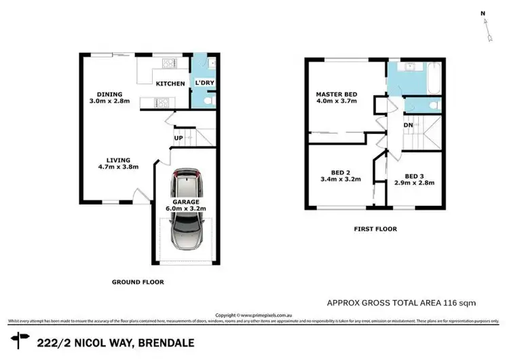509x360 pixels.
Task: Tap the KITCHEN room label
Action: pos(170,84)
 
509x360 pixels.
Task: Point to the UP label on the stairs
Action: pos(179,138)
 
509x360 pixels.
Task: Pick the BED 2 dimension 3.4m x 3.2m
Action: pos(340,179)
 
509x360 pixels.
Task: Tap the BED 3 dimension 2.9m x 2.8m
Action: pos(415,183)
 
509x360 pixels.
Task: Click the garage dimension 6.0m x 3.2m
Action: pos(185,209)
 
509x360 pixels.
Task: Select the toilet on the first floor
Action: pos(432,105)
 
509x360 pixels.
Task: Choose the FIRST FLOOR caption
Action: pos(375,229)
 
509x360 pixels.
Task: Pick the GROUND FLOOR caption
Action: pos(138,282)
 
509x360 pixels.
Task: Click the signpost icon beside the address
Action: pos(21,338)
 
